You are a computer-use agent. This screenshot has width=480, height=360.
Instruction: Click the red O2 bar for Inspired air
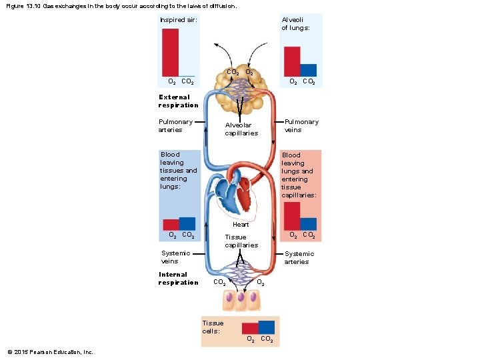click(x=171, y=52)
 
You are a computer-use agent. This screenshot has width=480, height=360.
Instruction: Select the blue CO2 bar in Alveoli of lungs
click(x=308, y=70)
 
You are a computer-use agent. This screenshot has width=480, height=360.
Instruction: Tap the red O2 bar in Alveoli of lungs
click(x=292, y=61)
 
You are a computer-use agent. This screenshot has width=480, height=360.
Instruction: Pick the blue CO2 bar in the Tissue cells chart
click(x=266, y=327)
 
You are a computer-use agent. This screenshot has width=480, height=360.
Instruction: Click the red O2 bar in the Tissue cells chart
click(x=250, y=329)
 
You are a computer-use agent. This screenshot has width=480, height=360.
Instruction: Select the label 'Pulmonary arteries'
click(x=175, y=125)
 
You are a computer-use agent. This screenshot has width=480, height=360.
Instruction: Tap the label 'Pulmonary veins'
click(x=301, y=125)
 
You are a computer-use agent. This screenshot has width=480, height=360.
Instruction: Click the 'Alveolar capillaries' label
click(x=241, y=129)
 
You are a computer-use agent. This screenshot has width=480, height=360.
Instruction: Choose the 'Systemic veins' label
click(x=176, y=257)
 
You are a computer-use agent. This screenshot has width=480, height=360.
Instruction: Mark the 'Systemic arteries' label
click(x=299, y=257)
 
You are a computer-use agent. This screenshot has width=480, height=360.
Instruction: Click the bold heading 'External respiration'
click(x=178, y=101)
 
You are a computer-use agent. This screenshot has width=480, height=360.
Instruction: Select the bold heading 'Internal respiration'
click(x=178, y=278)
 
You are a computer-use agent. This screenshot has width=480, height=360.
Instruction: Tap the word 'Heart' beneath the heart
click(x=241, y=225)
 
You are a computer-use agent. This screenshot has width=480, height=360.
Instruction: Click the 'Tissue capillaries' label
click(x=241, y=241)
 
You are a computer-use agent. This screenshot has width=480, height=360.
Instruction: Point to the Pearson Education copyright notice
click(x=50, y=352)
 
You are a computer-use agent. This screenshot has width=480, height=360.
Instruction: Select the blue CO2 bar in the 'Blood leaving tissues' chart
click(x=187, y=224)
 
